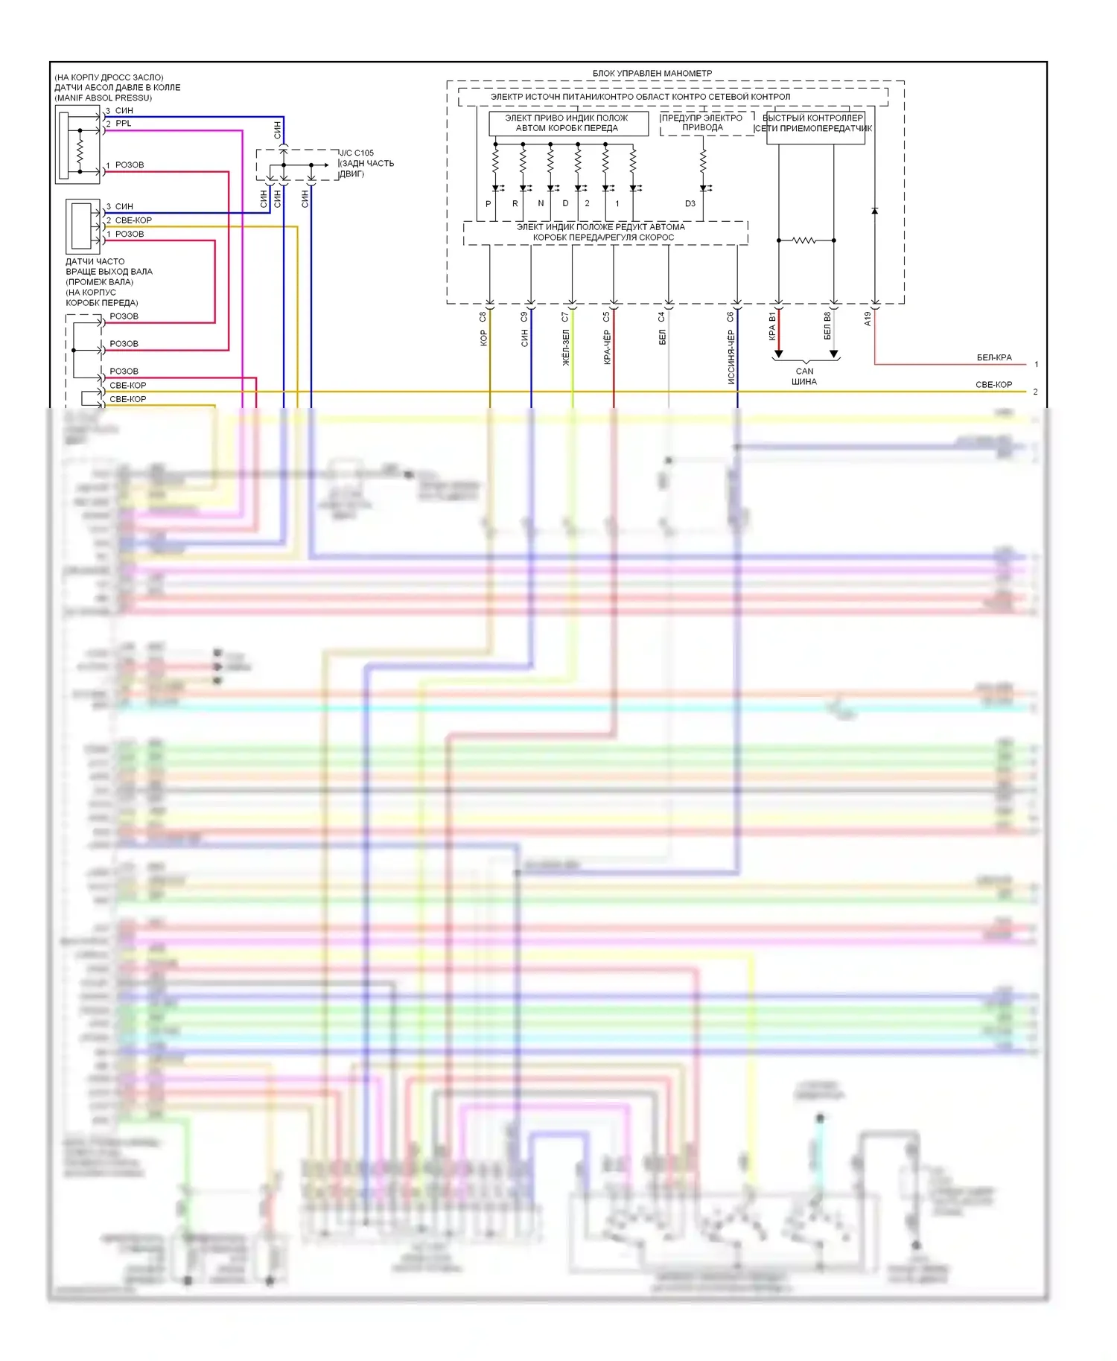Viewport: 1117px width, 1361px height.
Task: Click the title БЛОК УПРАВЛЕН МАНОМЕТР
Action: (x=652, y=73)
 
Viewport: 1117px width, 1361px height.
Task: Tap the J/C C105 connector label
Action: (x=357, y=153)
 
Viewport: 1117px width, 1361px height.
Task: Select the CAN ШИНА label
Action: (x=804, y=376)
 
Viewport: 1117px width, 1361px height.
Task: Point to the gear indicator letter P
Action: (x=489, y=203)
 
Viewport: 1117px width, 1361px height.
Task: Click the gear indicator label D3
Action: (x=690, y=203)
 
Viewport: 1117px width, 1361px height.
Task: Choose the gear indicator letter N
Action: (x=541, y=203)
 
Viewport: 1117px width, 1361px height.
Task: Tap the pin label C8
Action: (x=483, y=316)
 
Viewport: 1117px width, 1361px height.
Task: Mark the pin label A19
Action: (x=868, y=319)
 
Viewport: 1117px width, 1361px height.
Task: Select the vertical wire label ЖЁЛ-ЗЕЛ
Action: (x=566, y=348)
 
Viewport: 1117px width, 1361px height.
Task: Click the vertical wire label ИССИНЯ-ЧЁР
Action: (x=731, y=357)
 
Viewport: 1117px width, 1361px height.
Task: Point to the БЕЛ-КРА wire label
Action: (x=994, y=357)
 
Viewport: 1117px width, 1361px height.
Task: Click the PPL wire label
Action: (x=124, y=124)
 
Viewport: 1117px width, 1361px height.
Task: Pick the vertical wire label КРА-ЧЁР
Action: (x=607, y=348)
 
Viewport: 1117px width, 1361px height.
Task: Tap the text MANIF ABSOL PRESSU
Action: (x=103, y=98)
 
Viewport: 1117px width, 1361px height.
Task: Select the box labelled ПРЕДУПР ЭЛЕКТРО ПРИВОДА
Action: (x=702, y=123)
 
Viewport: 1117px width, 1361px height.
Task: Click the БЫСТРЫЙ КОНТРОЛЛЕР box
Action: (x=815, y=123)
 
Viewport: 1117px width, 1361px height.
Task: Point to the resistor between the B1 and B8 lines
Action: (x=804, y=240)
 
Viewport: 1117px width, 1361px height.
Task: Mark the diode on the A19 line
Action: (x=875, y=211)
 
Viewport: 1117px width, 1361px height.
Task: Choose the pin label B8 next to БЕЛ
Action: (x=827, y=317)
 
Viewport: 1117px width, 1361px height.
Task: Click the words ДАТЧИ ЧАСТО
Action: (x=95, y=261)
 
